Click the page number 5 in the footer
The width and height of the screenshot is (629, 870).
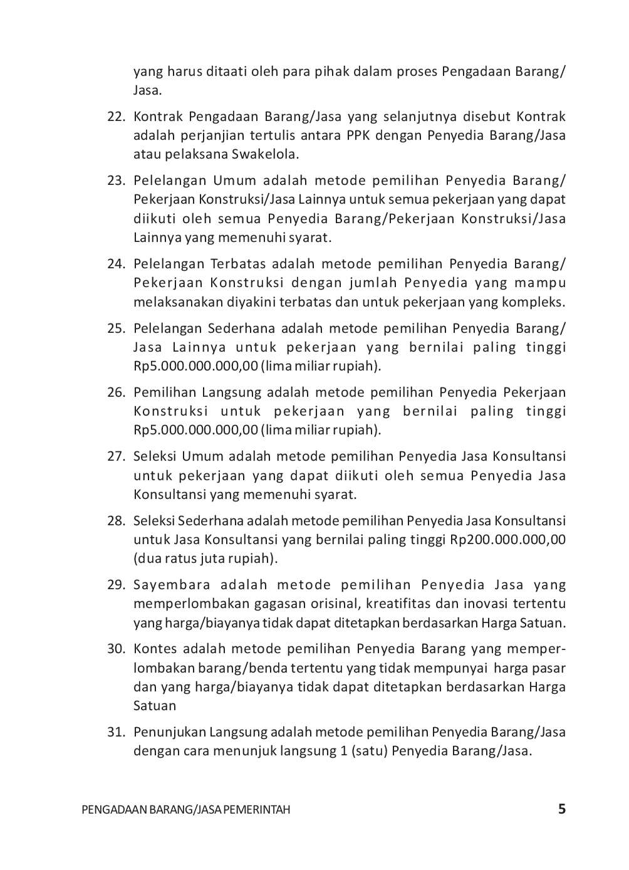pyautogui.click(x=561, y=809)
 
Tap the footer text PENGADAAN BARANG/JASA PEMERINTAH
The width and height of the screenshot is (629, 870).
pyautogui.click(x=186, y=810)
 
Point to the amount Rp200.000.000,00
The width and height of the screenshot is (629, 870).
pyautogui.click(x=507, y=540)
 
